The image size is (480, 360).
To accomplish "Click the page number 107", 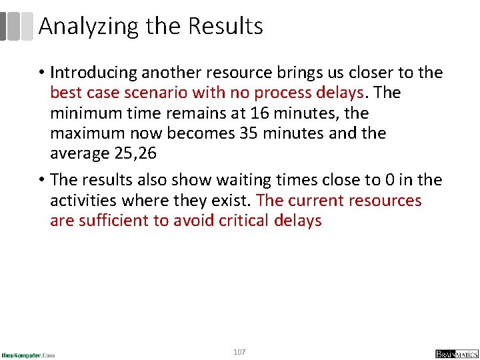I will (240, 351).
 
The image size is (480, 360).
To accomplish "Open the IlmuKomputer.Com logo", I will (28, 354).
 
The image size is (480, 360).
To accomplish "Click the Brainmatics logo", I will (456, 354).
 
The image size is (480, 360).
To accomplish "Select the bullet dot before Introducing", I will (42, 73).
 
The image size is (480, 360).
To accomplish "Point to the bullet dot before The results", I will (42, 181).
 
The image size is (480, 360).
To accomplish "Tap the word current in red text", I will (321, 200).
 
